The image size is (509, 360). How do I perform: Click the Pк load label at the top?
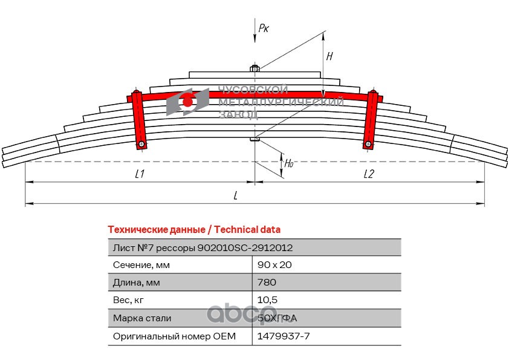(264, 28)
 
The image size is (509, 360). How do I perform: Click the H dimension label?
(329, 56)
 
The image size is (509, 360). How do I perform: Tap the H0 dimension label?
(289, 163)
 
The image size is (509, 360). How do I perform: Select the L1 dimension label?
(140, 174)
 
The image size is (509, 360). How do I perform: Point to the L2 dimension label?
(369, 174)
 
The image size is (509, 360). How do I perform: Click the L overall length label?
(236, 195)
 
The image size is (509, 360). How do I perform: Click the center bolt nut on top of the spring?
(255, 68)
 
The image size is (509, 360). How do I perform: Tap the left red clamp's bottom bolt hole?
(141, 144)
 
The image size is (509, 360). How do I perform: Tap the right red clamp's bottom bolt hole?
(368, 144)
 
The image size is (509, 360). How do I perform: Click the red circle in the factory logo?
(187, 102)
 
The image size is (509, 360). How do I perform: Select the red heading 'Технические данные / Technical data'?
(194, 230)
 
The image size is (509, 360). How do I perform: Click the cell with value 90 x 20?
(274, 265)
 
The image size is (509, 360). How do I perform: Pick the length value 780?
(267, 283)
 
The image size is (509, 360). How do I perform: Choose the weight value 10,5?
(267, 300)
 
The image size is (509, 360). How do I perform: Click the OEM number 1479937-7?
(284, 336)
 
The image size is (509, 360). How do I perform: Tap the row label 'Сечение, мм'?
(141, 265)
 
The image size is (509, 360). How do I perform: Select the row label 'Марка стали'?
(142, 318)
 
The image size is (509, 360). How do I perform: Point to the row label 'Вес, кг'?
(128, 300)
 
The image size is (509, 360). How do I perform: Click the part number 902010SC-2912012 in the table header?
(245, 248)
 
